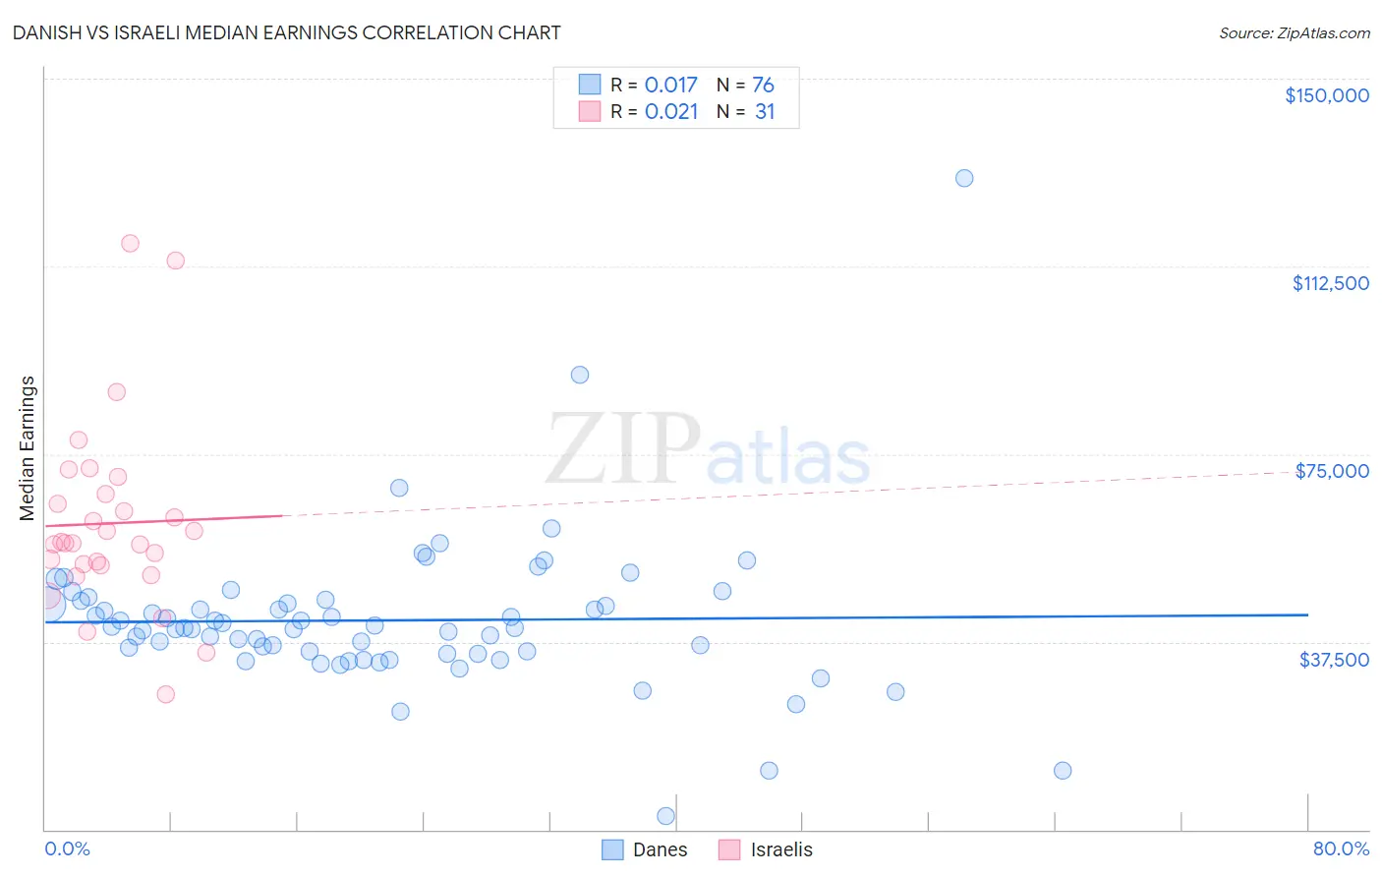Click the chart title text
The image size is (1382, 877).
pos(286,32)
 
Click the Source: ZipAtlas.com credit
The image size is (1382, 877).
pos(1294,33)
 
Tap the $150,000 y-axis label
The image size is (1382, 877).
pos(1326,95)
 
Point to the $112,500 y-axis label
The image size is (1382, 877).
pos(1329,283)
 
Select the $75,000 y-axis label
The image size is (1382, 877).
pos(1331,471)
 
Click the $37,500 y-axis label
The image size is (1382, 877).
pos(1333,660)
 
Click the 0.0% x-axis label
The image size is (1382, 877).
pos(67,848)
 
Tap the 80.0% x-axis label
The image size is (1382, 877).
pos(1340,848)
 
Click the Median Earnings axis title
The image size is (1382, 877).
pos(28,447)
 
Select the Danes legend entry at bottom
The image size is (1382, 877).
pos(644,849)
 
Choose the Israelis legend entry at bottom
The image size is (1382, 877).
pos(766,849)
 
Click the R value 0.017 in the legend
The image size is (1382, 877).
pos(670,85)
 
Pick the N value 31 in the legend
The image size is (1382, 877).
pos(765,112)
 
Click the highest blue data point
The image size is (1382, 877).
pos(964,178)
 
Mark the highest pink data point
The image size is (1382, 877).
pos(130,243)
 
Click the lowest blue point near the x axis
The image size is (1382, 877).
pos(665,816)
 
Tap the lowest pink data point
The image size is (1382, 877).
pos(165,694)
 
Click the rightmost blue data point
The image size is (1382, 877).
pos(1063,771)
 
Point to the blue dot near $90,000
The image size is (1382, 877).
pos(580,375)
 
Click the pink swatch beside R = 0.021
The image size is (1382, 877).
pos(589,111)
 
